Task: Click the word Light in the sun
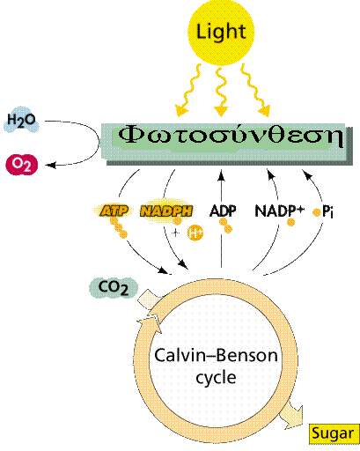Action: [x=221, y=32]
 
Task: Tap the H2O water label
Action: [x=21, y=120]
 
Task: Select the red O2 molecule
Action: [x=22, y=165]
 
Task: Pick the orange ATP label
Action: [x=114, y=211]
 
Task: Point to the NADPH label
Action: [x=166, y=211]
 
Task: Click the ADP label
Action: [x=223, y=211]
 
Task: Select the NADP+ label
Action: [x=280, y=211]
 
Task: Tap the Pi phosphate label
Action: [x=327, y=211]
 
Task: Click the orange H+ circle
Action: [x=195, y=233]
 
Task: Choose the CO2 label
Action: [x=114, y=288]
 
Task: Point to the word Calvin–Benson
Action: [x=216, y=355]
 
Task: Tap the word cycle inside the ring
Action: [x=216, y=377]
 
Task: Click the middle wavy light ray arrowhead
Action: [x=221, y=111]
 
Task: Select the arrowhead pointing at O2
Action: [x=51, y=166]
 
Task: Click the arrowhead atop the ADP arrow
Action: [x=221, y=175]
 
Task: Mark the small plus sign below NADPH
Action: [x=175, y=233]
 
